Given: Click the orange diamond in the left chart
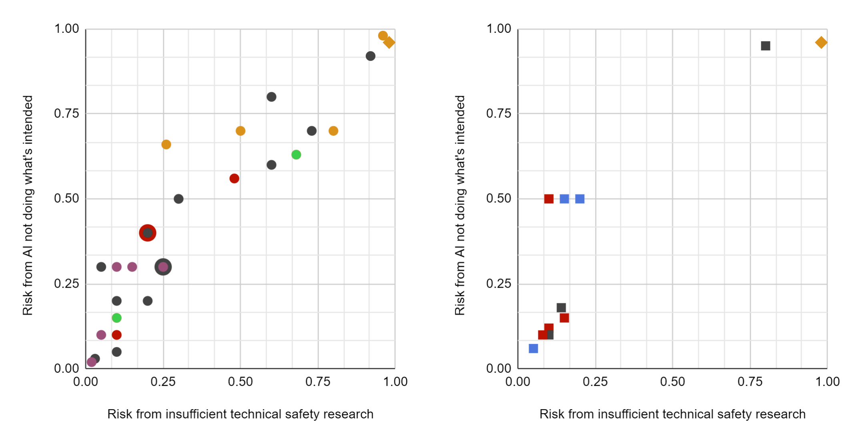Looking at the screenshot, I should (389, 42).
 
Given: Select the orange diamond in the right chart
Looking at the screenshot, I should (821, 42).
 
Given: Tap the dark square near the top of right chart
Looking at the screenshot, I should (765, 46).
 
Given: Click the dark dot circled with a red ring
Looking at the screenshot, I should (147, 233).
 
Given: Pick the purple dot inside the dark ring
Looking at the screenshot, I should (163, 267).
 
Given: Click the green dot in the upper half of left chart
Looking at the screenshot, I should (296, 155).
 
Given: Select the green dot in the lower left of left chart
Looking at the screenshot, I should (116, 318).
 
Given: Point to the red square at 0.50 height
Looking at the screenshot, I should (549, 199).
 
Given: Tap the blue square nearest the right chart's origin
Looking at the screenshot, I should (533, 349).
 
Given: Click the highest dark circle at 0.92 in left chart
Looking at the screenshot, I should (371, 56).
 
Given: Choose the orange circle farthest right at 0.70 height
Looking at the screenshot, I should (333, 131).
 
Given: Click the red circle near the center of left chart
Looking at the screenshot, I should (234, 178).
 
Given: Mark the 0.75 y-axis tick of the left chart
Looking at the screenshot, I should (66, 114).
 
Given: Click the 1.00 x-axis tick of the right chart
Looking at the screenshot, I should (827, 382).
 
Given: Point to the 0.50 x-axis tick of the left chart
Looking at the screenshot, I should (240, 382).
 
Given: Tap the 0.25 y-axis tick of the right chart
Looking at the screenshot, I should (499, 284).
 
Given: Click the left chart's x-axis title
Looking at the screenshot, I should (240, 414).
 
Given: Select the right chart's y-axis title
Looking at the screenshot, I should (460, 205).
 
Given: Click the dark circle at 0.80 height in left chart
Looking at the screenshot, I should (271, 97).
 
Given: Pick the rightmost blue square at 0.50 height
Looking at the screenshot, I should (579, 199).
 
